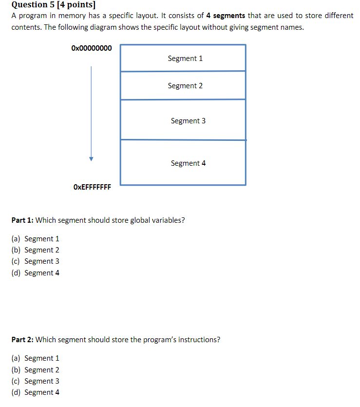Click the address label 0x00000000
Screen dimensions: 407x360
(91, 48)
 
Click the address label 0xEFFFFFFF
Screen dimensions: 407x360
(92, 187)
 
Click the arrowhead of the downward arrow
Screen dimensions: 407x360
(91, 158)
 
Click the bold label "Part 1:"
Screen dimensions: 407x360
(22, 220)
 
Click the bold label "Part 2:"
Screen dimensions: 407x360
(22, 340)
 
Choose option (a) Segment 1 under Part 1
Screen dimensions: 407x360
(35, 239)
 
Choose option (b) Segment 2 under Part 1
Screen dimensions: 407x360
(35, 250)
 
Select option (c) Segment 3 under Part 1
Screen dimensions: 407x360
(35, 261)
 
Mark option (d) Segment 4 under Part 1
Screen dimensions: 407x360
(35, 273)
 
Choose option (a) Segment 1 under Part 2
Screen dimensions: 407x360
(35, 358)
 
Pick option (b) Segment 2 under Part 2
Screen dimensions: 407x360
(35, 370)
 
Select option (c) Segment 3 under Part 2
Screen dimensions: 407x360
(35, 381)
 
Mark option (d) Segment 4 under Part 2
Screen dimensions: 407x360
(35, 392)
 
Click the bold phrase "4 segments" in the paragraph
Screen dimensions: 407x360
(226, 16)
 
